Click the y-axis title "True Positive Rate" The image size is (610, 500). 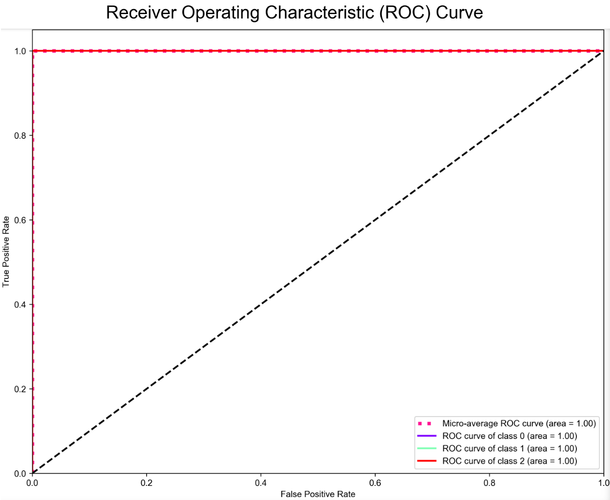pyautogui.click(x=6, y=251)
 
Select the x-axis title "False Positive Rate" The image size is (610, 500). pyautogui.click(x=318, y=494)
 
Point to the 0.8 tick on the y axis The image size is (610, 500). pyautogui.click(x=23, y=136)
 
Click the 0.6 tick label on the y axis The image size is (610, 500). pyautogui.click(x=23, y=220)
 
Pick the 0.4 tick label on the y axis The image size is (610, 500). pyautogui.click(x=23, y=305)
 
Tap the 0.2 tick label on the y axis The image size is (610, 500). pyautogui.click(x=23, y=389)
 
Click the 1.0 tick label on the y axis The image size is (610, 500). pyautogui.click(x=23, y=51)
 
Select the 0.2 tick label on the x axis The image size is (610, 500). pyautogui.click(x=146, y=483)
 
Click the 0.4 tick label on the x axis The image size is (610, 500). pyautogui.click(x=260, y=483)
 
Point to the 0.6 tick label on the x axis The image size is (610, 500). pyautogui.click(x=375, y=483)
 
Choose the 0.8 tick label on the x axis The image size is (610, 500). pyautogui.click(x=489, y=483)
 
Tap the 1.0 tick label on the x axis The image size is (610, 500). pyautogui.click(x=602, y=483)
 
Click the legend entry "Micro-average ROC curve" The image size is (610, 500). pyautogui.click(x=519, y=424)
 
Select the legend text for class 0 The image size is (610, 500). pyautogui.click(x=510, y=436)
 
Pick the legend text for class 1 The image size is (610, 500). pyautogui.click(x=510, y=449)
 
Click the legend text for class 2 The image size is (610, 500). pyautogui.click(x=510, y=461)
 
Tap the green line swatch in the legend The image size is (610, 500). pyautogui.click(x=427, y=449)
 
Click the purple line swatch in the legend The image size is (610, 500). pyautogui.click(x=427, y=436)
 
